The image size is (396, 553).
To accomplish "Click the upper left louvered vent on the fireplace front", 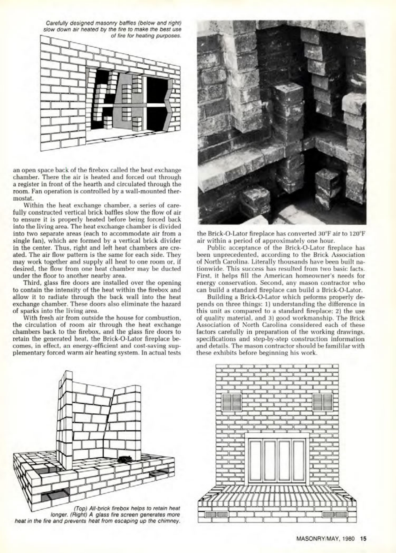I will click(232, 402).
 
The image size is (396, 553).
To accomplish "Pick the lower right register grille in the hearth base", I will click(336, 515).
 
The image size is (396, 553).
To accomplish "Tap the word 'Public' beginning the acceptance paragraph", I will click(215, 248).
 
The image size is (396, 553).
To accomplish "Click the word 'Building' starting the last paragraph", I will click(218, 297).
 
